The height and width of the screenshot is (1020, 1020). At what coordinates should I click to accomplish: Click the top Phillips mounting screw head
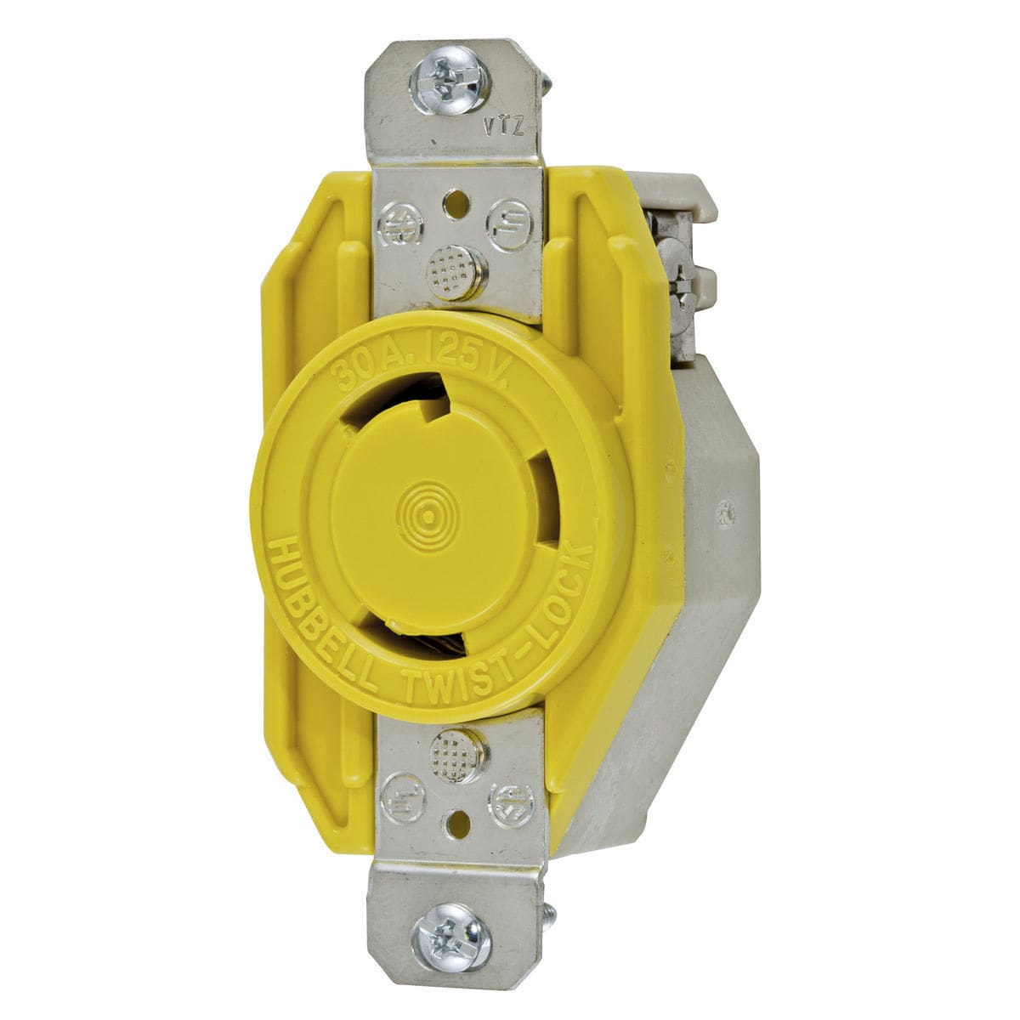click(448, 77)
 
